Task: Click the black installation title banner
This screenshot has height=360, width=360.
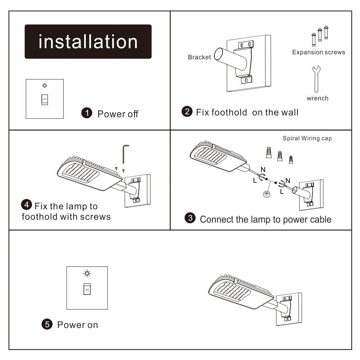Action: click(88, 42)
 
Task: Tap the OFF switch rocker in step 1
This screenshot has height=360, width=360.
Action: click(45, 99)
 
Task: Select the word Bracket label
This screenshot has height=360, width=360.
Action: click(199, 57)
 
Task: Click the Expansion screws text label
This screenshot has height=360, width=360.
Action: click(318, 53)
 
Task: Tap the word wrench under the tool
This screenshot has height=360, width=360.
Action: click(317, 98)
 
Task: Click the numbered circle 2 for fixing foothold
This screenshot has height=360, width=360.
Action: click(187, 112)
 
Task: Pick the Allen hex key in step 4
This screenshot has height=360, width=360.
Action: click(125, 154)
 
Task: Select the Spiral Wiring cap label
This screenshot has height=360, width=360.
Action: click(307, 138)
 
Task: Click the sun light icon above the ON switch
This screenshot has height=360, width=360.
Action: click(87, 274)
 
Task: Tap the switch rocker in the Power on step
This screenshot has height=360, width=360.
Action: click(87, 289)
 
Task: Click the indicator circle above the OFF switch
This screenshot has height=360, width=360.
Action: click(44, 86)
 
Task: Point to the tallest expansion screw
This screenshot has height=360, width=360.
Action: click(326, 33)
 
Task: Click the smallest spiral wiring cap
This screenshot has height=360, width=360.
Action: click(291, 158)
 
